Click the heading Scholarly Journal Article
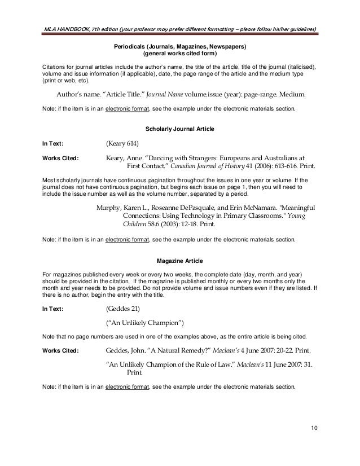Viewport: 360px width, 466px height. pyautogui.click(x=180, y=129)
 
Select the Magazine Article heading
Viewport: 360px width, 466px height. pyautogui.click(x=180, y=260)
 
